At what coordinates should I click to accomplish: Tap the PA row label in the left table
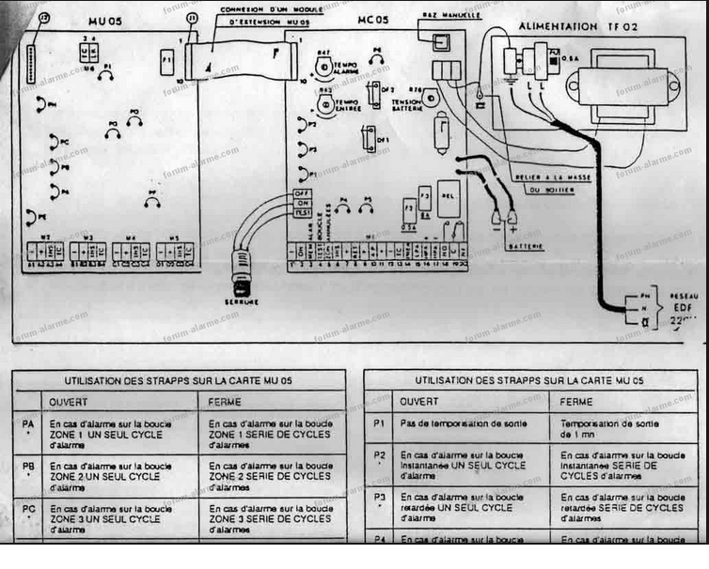27,424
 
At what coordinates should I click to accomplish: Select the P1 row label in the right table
380,423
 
